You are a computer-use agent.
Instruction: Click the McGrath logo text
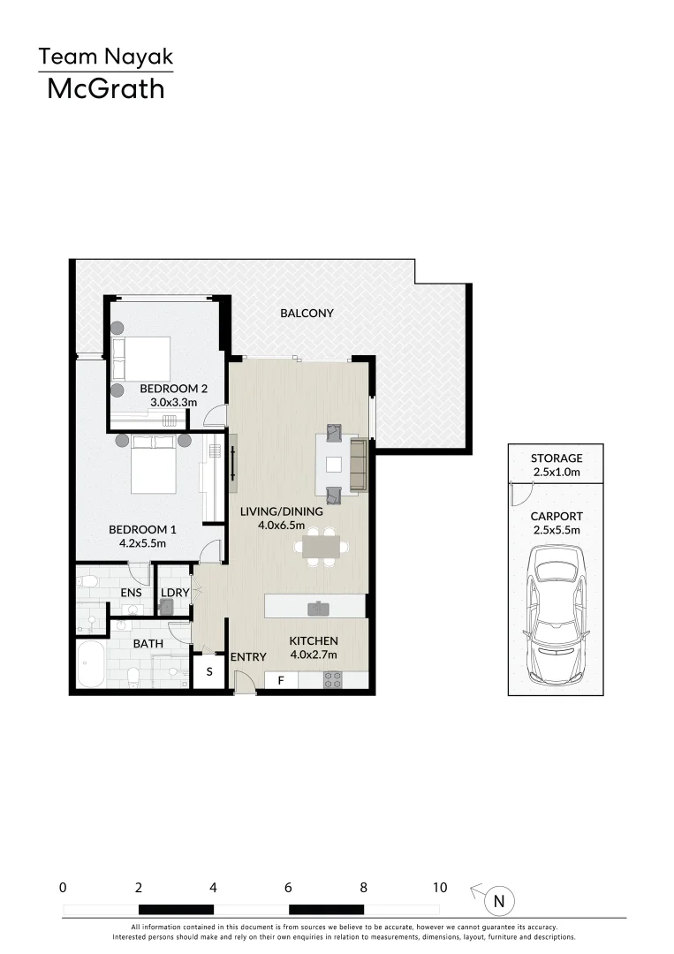(105, 88)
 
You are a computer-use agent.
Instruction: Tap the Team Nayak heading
(105, 58)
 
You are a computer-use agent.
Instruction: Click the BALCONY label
(307, 313)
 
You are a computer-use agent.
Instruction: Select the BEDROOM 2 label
(173, 388)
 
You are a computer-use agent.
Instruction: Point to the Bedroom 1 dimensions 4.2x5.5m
(142, 543)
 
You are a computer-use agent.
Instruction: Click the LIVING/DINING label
(281, 511)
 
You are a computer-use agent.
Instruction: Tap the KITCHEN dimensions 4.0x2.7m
(314, 655)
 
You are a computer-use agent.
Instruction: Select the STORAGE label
(556, 458)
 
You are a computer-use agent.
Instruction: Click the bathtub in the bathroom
(91, 664)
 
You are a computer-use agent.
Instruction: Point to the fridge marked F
(281, 681)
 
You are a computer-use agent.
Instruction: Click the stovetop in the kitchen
(333, 680)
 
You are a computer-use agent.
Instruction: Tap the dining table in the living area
(321, 548)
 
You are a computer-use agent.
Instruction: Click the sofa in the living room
(359, 465)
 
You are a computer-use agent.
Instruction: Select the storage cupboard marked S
(209, 671)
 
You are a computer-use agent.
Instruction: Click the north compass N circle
(499, 902)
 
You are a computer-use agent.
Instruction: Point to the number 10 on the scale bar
(439, 888)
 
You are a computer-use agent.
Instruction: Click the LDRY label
(174, 593)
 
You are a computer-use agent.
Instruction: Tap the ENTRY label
(248, 657)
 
